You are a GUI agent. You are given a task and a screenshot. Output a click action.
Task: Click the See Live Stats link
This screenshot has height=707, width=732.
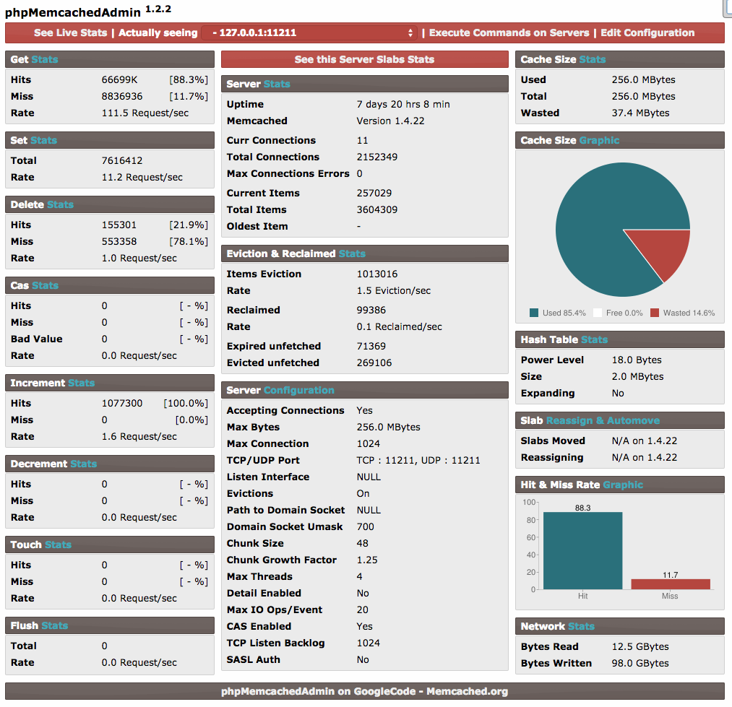[70, 32]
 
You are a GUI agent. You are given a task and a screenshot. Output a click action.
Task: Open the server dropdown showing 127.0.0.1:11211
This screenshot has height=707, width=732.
[309, 33]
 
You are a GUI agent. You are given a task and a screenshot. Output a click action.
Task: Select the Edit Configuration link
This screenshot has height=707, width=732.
[647, 32]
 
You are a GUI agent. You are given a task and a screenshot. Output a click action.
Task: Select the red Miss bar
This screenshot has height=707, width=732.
[670, 584]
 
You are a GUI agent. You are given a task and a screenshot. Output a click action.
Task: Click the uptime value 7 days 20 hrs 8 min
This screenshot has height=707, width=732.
[403, 104]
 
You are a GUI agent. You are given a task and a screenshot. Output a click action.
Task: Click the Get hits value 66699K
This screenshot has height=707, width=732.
[119, 79]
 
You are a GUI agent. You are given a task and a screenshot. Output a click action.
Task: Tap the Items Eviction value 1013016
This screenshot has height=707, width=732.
[377, 274]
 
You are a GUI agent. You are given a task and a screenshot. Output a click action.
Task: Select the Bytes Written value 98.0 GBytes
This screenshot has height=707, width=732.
[640, 663]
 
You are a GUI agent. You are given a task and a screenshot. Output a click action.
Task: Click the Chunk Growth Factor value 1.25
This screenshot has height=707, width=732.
[367, 560]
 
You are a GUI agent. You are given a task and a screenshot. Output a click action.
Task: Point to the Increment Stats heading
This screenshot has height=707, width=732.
[52, 383]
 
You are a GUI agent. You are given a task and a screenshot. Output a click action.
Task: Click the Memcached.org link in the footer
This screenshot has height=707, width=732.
[467, 691]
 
